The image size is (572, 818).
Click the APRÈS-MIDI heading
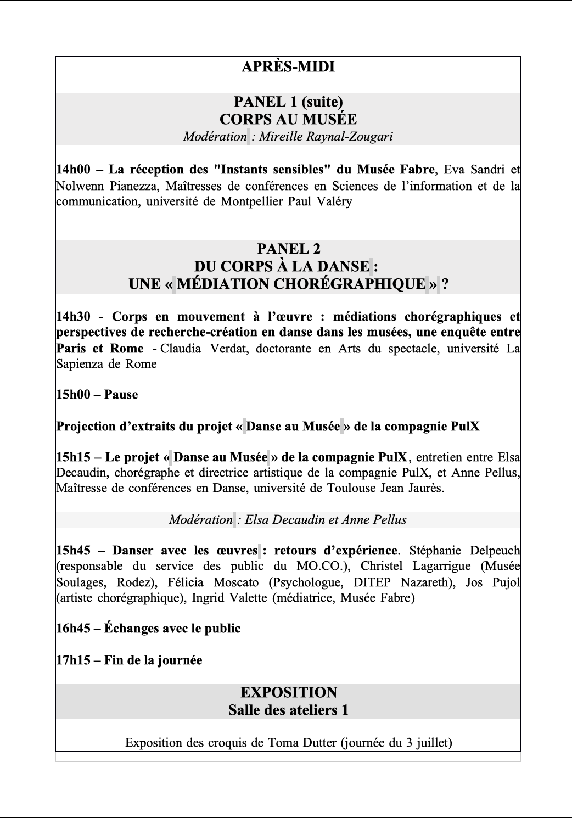point(288,67)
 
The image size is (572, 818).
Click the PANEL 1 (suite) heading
point(288,102)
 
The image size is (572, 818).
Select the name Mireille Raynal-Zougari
point(326,137)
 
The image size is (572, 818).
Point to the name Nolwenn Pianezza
point(105,186)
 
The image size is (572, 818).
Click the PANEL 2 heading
point(288,249)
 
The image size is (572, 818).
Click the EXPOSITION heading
point(288,692)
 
